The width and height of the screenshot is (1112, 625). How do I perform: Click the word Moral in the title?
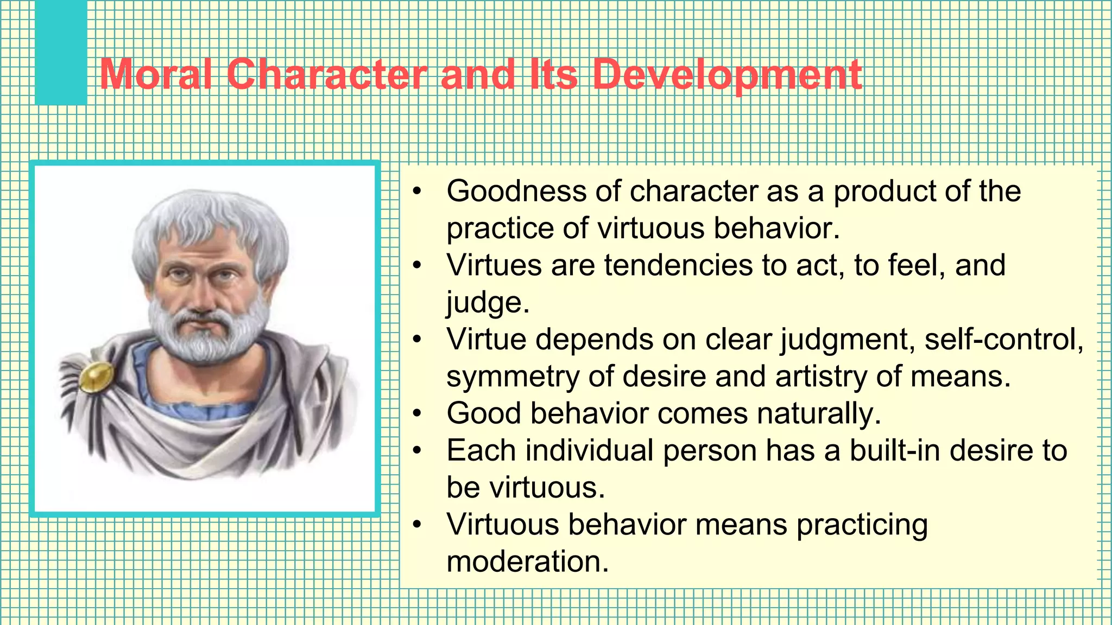[156, 74]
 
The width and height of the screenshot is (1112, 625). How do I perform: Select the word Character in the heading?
[326, 74]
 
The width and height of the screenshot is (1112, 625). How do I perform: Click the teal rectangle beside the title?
[61, 53]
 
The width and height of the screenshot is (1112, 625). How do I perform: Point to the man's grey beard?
[209, 336]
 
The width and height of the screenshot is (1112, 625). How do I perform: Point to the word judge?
[486, 303]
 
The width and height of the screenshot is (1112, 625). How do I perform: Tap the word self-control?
[1003, 340]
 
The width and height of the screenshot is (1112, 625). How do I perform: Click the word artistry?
[820, 377]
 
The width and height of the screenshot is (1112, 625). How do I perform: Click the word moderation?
[527, 562]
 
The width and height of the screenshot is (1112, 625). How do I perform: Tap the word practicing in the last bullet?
[862, 526]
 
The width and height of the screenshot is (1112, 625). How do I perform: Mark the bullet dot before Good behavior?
[416, 414]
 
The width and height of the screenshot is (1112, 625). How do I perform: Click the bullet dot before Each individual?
[416, 451]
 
